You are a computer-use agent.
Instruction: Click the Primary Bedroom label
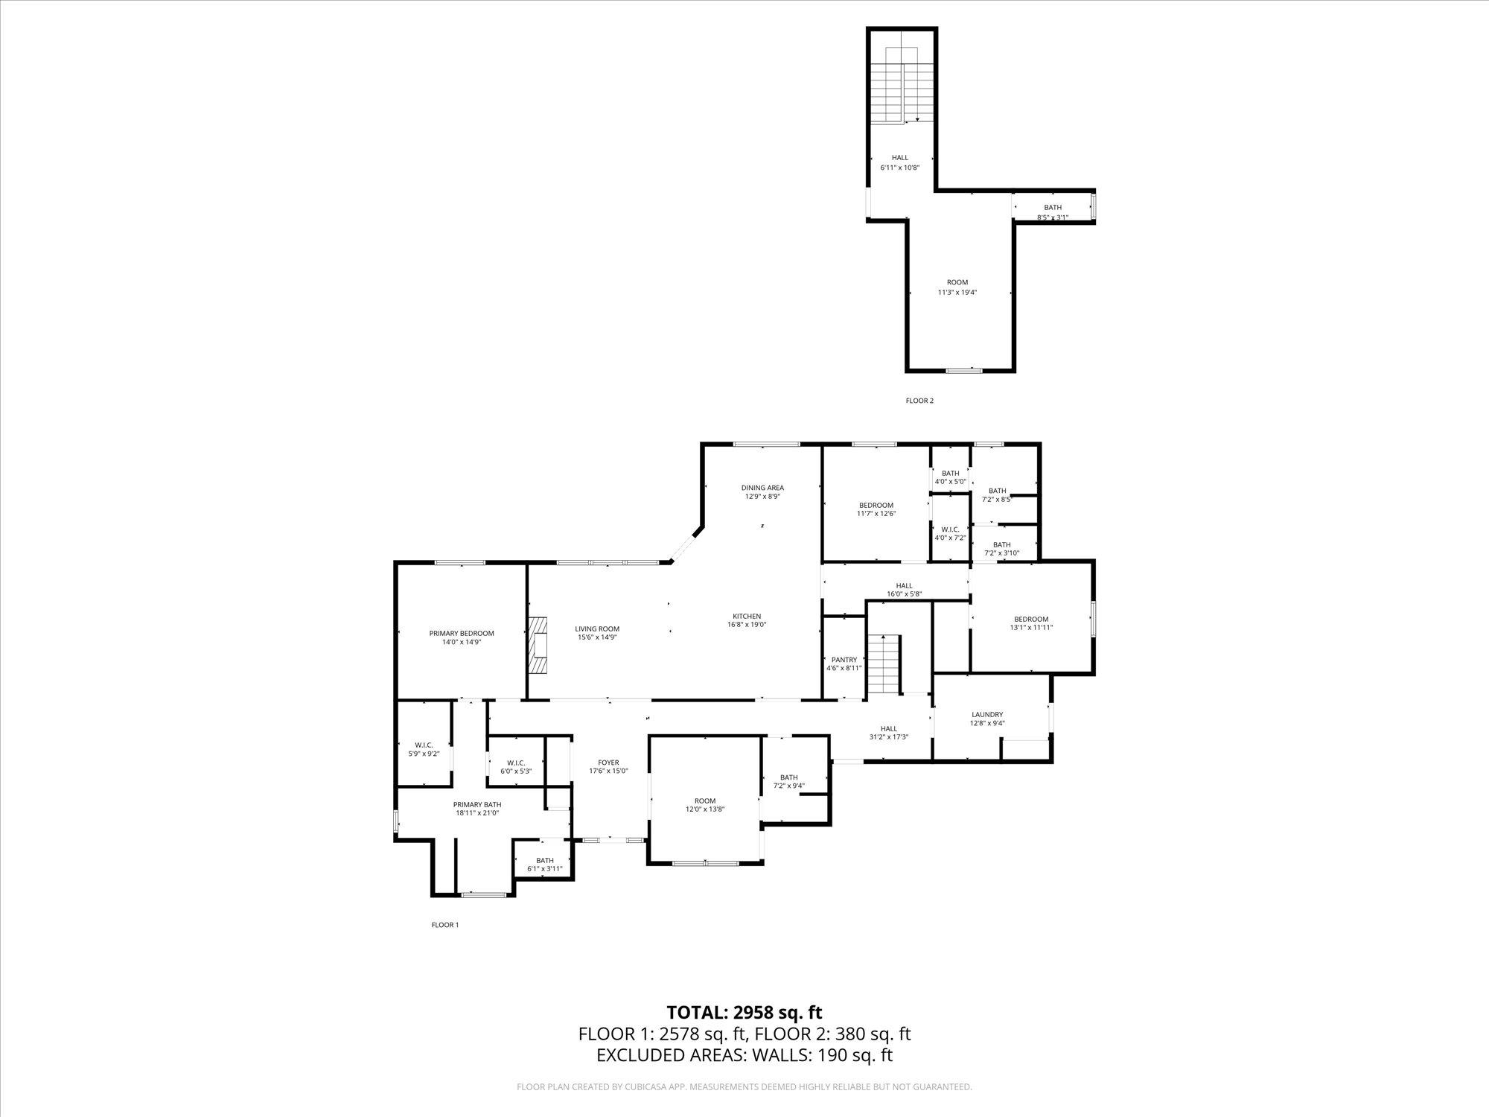[x=462, y=633]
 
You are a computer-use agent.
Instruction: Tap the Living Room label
[x=597, y=628]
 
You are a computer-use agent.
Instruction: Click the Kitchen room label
[x=747, y=616]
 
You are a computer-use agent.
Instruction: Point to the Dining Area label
[x=762, y=488]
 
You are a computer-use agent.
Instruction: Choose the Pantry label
[x=844, y=659]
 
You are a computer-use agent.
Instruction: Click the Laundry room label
[x=987, y=714]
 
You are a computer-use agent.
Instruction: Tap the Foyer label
[x=608, y=763]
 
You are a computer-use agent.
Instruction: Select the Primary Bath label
[x=477, y=804]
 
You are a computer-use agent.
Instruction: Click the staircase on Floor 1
[x=884, y=664]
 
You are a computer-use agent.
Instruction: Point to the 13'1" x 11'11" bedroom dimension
[x=1031, y=628]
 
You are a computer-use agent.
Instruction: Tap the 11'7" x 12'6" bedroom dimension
[x=876, y=514]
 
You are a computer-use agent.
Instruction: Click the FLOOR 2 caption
[x=919, y=401]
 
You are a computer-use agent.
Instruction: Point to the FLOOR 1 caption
[x=445, y=925]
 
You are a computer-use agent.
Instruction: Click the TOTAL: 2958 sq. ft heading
[x=744, y=1012]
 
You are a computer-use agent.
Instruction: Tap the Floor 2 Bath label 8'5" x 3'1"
[x=1053, y=212]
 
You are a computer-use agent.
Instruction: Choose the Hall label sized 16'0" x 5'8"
[x=905, y=590]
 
